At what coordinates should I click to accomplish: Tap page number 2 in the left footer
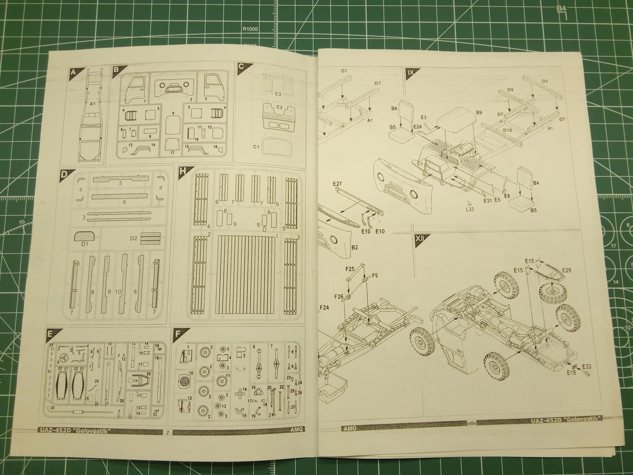tap(167, 432)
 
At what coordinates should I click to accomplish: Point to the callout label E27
tap(338, 184)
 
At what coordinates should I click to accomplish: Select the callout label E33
tap(586, 366)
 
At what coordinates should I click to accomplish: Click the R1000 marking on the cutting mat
tap(249, 29)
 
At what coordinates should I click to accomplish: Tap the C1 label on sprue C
tap(256, 146)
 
